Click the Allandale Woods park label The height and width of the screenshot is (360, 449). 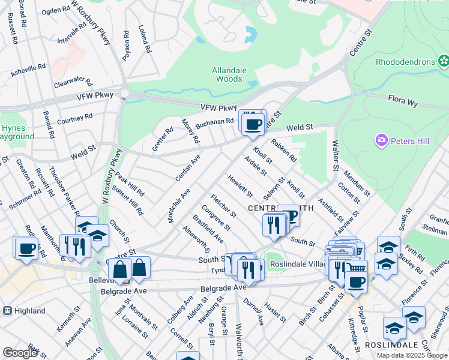pos(229,74)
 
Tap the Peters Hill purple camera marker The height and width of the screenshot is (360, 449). pos(381,141)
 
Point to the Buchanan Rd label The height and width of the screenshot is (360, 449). pos(214,122)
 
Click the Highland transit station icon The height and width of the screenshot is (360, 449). pos(7,311)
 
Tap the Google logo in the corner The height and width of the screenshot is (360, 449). pos(20,353)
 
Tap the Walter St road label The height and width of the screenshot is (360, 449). pos(336,155)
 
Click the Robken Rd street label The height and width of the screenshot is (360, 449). pos(284,151)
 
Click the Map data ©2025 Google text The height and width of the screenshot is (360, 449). pos(411,355)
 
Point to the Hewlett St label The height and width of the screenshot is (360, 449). pos(240,185)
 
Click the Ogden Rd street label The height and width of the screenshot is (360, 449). pos(56,10)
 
